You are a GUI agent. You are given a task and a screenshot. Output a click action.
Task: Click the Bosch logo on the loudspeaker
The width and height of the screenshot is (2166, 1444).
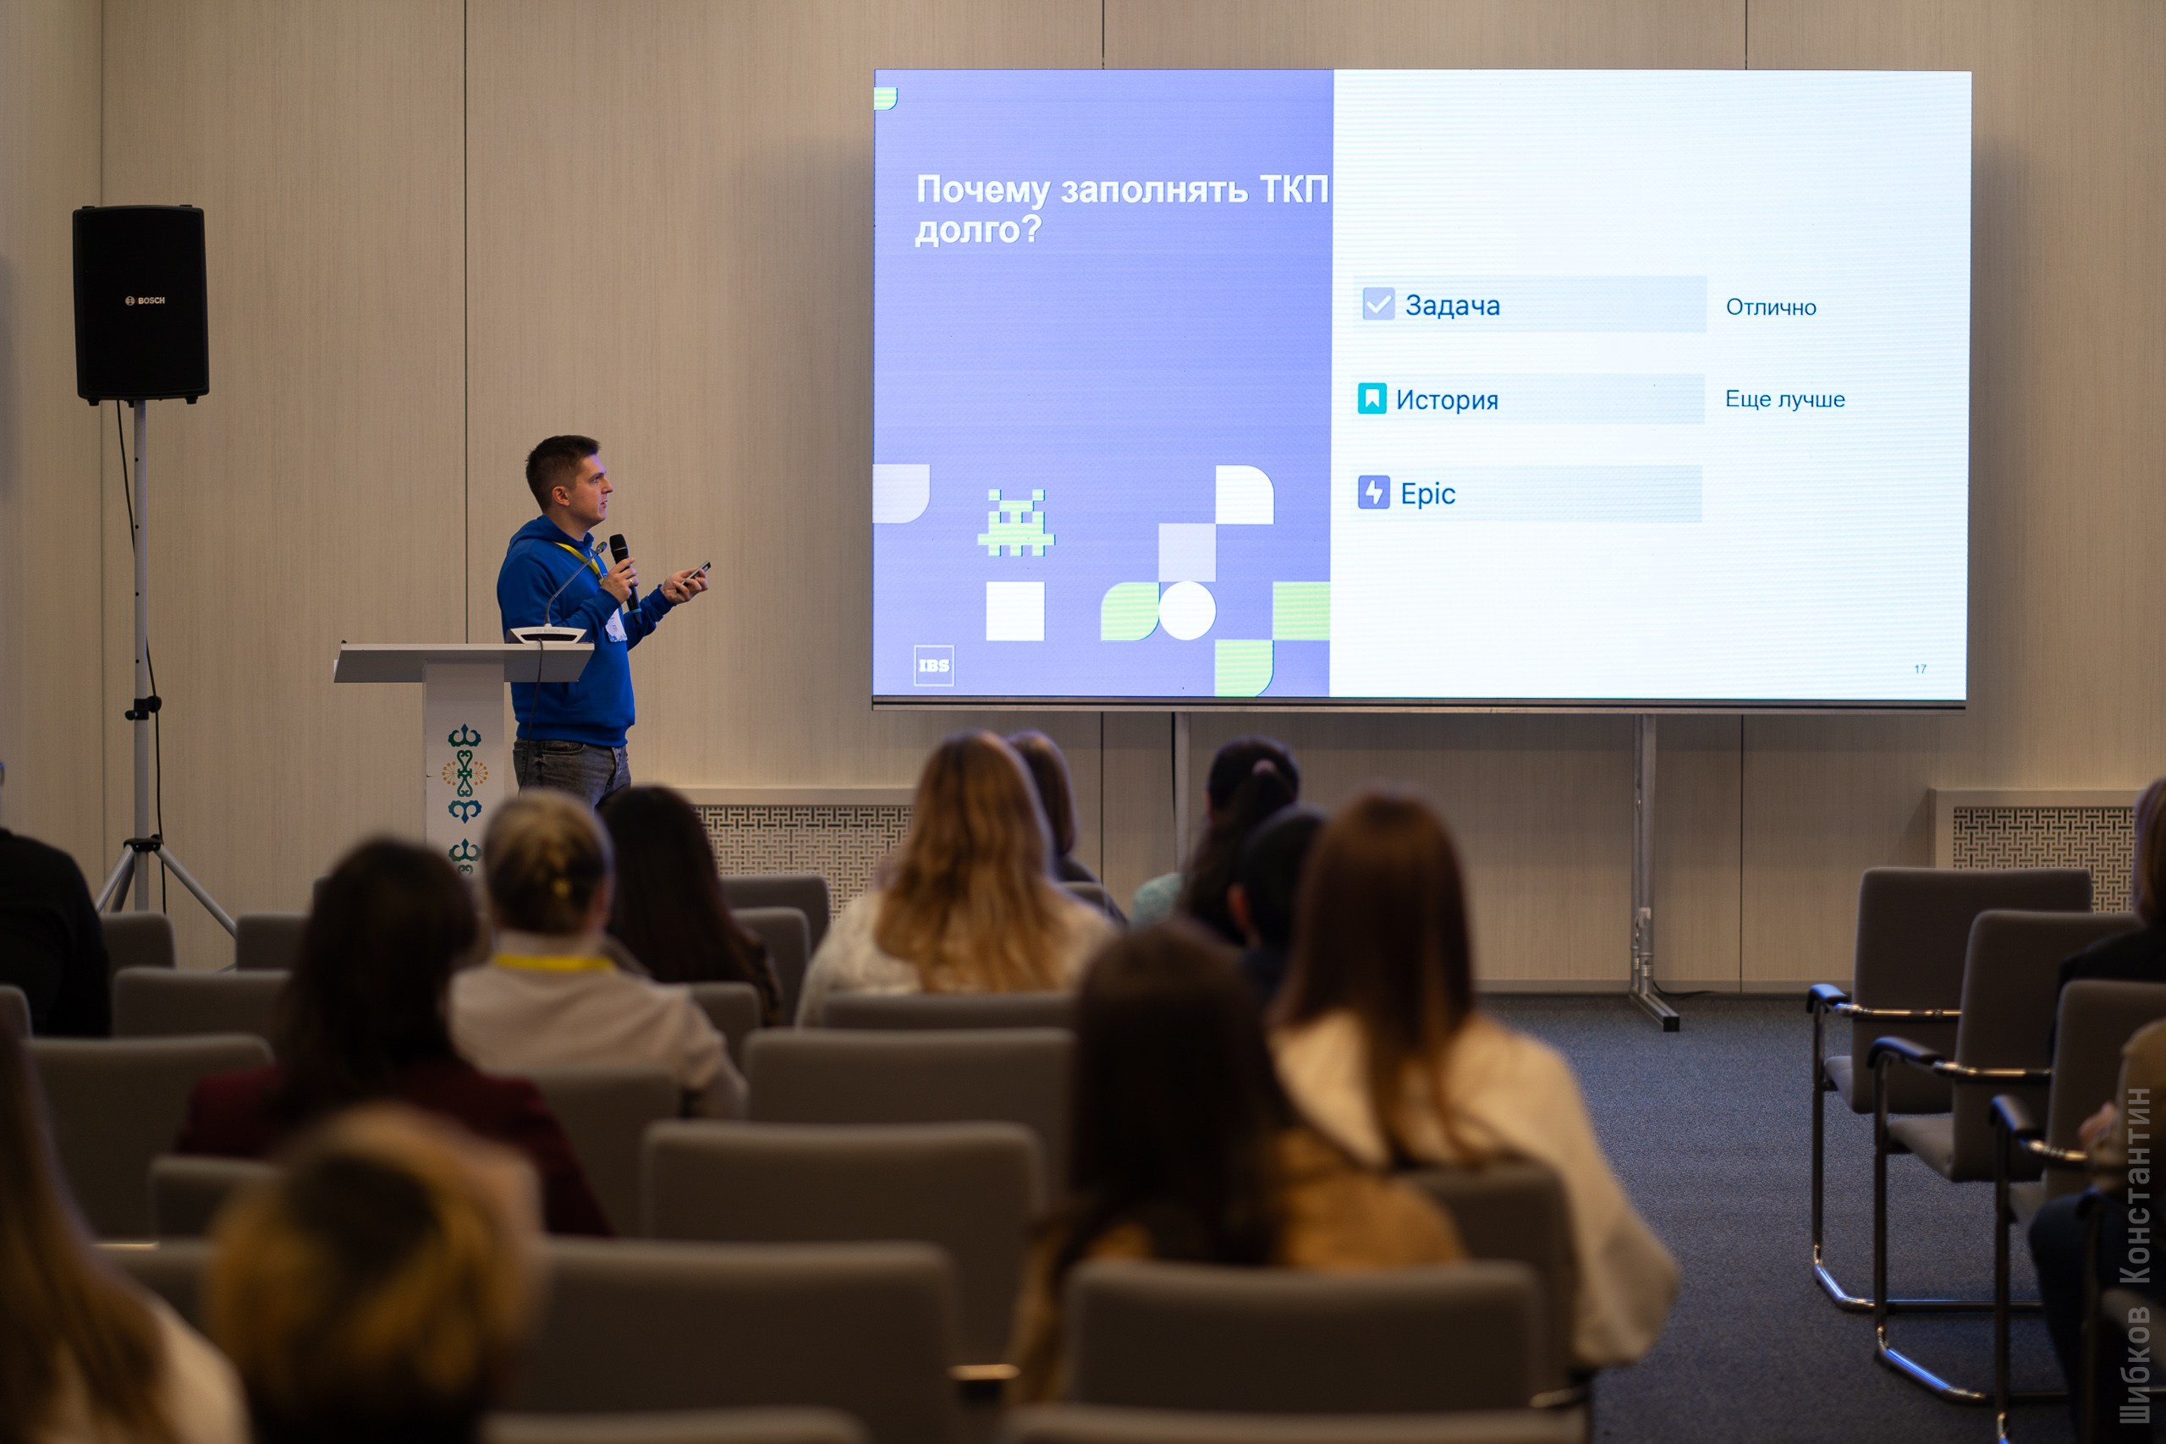[x=146, y=300]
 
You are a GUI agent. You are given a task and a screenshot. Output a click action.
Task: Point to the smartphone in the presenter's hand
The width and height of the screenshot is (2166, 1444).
[x=696, y=571]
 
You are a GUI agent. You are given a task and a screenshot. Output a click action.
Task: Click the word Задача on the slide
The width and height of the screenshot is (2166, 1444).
[x=1452, y=305]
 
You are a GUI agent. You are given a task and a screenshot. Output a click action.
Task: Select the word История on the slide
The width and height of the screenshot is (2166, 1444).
[x=1447, y=401]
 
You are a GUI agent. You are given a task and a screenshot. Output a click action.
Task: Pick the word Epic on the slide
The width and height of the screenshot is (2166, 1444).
[x=1427, y=495]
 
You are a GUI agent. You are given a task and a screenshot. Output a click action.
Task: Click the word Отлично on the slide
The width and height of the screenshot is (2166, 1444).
[x=1770, y=308]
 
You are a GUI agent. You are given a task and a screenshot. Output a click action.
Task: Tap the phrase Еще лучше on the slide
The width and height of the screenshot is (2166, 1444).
[x=1784, y=399]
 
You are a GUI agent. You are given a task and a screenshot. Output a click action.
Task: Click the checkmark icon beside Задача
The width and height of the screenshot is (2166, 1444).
[x=1377, y=304]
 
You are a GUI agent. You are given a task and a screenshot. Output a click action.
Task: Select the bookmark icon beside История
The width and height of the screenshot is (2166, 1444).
[x=1372, y=398]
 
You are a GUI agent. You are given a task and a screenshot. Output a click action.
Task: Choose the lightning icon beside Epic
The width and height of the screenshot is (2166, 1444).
[x=1373, y=492]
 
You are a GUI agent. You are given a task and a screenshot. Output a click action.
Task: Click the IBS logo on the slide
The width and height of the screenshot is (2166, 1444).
[x=933, y=665]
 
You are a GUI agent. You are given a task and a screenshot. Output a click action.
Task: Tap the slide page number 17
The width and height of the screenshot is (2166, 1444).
[x=1919, y=668]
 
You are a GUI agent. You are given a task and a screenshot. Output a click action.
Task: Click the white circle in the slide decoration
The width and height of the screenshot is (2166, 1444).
[x=1186, y=610]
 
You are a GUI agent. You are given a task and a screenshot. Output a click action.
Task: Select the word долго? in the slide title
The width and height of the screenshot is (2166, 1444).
[x=977, y=229]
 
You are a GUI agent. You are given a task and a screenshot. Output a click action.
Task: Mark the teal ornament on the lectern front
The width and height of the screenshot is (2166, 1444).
[x=465, y=773]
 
